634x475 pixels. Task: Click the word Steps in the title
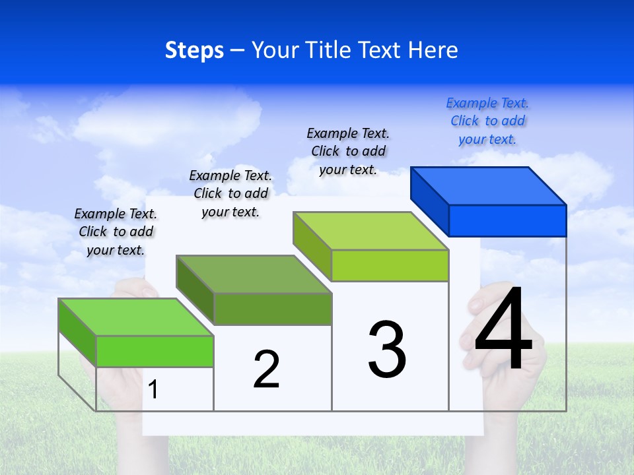(194, 50)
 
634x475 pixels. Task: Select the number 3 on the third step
(387, 350)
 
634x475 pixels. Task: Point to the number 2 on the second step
(266, 369)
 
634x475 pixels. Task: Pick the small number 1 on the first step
(153, 389)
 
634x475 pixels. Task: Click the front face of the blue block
(507, 220)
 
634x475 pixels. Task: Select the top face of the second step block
(254, 274)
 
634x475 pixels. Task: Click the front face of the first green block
(155, 351)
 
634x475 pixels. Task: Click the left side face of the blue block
(429, 198)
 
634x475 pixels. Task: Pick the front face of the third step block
(390, 265)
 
